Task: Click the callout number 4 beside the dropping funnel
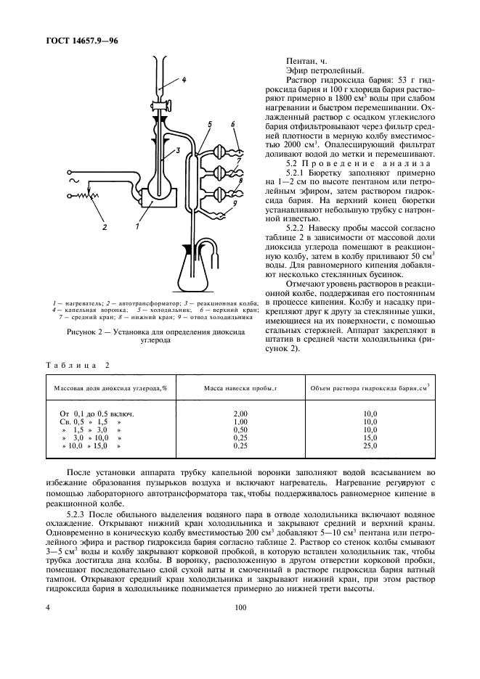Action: point(184,80)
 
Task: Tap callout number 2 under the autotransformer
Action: point(105,226)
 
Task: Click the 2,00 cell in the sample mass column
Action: point(242,412)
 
